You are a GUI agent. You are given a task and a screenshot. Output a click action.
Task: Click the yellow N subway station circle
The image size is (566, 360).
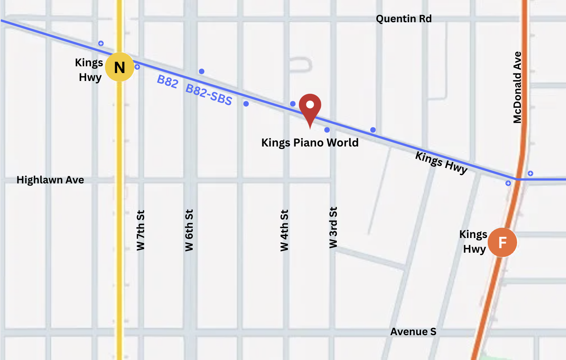pos(119,67)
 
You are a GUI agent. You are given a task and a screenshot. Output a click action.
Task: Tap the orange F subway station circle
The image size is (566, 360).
pos(502,243)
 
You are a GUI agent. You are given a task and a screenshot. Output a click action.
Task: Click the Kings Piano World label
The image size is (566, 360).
pos(310,143)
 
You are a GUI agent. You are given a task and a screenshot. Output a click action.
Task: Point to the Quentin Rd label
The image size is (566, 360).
pos(403,19)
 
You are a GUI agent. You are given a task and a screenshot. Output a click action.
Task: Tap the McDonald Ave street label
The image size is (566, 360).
pos(517,87)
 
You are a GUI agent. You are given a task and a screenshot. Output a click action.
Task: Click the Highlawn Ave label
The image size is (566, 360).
pos(50,180)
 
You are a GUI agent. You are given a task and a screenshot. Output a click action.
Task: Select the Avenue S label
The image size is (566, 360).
pos(413,332)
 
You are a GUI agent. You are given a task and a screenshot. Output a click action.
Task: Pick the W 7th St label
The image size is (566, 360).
pos(140,230)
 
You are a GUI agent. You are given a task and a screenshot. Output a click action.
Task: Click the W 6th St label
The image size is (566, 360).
pos(189,230)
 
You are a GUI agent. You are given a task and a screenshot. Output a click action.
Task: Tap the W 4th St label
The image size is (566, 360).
pos(284,230)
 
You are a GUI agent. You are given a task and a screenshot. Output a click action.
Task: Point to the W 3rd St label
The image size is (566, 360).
pos(333,227)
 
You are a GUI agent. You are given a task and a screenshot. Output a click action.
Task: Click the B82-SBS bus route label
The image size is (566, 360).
pos(209,95)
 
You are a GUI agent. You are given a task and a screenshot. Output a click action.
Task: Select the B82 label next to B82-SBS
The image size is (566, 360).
pos(167,81)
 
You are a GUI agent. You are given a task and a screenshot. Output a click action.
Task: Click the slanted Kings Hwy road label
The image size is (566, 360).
pos(441,162)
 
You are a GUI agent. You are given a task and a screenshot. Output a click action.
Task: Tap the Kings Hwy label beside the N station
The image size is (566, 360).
pos(89,70)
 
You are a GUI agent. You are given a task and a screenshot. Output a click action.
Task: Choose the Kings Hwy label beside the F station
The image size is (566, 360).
pos(473,242)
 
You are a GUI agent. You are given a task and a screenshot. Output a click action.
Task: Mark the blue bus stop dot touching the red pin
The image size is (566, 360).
pos(293,104)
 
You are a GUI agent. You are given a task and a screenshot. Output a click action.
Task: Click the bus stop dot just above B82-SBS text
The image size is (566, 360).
pos(202,72)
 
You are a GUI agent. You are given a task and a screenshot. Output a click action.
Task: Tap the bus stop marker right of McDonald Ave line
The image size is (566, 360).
pos(530,174)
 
